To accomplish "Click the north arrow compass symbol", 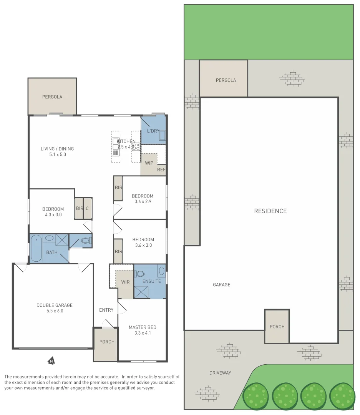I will pos(51,361).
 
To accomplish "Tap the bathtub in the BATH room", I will pos(36,249).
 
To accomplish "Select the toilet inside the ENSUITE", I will pos(139,274).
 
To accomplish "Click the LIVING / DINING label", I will pos(57,149).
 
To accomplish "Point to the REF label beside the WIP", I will pos(161,170).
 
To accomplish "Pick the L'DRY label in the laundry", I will pos(153,131).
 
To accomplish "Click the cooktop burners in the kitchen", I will pos(136,146).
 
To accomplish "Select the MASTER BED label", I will pos(142,327).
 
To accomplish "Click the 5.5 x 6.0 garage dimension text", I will pos(55,311).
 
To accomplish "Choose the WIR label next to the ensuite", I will pos(125,282).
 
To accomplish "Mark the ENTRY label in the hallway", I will pos(106,310).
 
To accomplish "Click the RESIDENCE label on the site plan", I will pos(270,211).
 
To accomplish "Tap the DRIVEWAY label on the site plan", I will pos(220,373).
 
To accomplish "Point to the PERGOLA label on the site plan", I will pos(226,80).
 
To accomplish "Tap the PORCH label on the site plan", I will pos(277,327).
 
